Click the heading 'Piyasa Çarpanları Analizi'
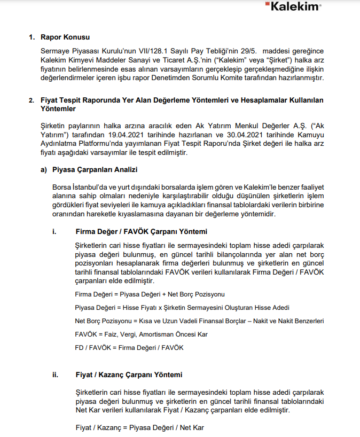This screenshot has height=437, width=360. coord(96,170)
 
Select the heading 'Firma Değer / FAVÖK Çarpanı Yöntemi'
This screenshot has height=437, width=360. coord(141,232)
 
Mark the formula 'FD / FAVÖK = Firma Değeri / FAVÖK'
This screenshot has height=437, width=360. coord(129,347)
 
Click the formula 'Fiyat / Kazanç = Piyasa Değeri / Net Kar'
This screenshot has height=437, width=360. coord(139,428)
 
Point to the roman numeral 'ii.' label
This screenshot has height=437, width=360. coord(55,375)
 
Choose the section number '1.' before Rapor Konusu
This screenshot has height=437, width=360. coord(31,37)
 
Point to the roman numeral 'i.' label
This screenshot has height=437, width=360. coord(54,232)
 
